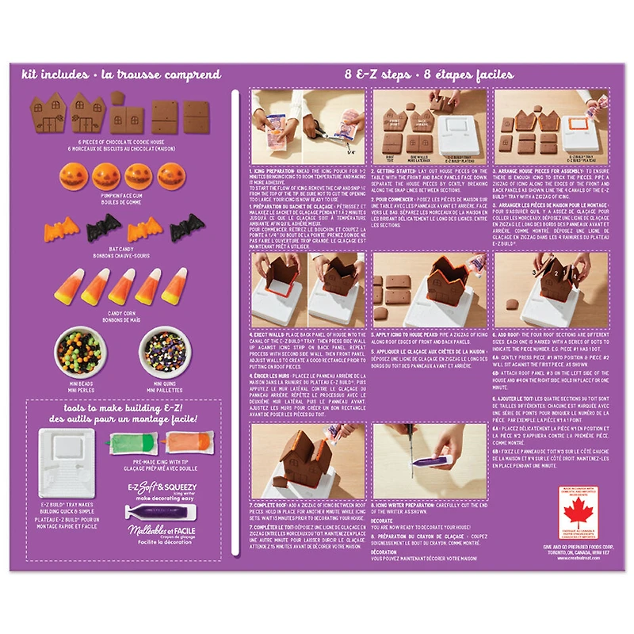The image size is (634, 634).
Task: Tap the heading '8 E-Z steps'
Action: (x=379, y=74)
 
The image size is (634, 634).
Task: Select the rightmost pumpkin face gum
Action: (x=170, y=176)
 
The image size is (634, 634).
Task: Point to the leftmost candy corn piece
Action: (x=67, y=287)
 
